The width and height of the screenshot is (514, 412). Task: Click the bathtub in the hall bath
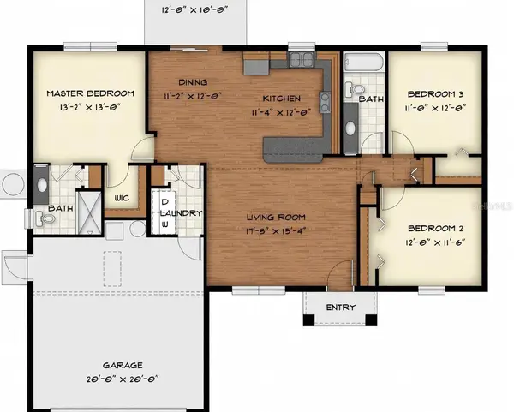(364, 63)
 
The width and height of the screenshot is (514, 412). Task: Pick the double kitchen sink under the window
(301, 59)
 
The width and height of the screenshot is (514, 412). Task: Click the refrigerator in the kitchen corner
(256, 65)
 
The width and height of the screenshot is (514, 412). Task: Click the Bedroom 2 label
(435, 229)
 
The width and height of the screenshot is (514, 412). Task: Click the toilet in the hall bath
(357, 89)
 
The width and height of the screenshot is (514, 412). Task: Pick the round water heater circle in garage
(138, 230)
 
